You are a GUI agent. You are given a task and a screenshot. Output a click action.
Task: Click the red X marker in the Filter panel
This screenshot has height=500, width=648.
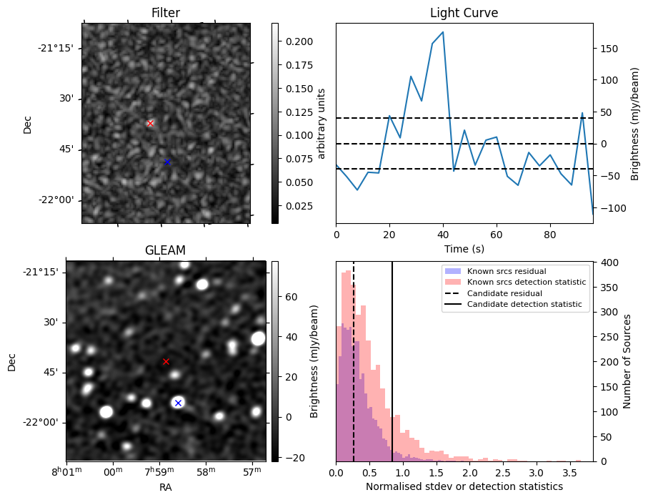150,123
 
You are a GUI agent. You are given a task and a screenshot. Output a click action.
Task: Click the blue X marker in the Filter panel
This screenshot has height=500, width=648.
167,162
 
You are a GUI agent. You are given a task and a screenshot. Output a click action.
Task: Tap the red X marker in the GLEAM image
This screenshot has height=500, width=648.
166,361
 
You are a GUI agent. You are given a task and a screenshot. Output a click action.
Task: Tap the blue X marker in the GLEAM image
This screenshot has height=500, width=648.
178,403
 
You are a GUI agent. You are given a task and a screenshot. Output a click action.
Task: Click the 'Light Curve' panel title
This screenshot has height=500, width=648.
464,13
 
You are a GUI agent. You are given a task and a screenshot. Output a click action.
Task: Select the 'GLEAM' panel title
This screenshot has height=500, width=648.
165,250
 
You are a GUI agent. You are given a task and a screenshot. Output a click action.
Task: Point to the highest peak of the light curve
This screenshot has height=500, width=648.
443,31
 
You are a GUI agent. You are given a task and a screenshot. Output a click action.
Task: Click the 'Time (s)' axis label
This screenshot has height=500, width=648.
464,248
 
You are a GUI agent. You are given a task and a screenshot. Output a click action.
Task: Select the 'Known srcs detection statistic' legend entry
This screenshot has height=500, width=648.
526,283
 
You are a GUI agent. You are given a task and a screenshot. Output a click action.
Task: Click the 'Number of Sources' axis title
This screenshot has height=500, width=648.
627,361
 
